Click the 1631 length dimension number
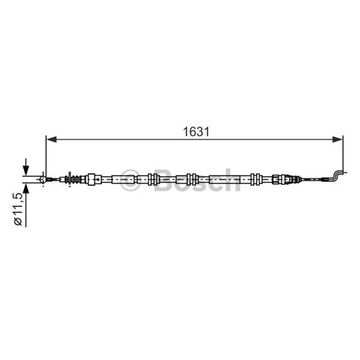tap(196, 132)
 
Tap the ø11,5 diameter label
tap(18, 209)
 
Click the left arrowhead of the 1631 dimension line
tap(51, 139)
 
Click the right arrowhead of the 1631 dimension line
tap(337, 139)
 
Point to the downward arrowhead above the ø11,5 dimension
tap(26, 171)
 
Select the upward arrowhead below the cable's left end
tap(26, 189)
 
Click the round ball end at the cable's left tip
tap(43, 179)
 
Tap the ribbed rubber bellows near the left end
tap(73, 179)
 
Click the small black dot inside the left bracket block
tap(98, 179)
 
